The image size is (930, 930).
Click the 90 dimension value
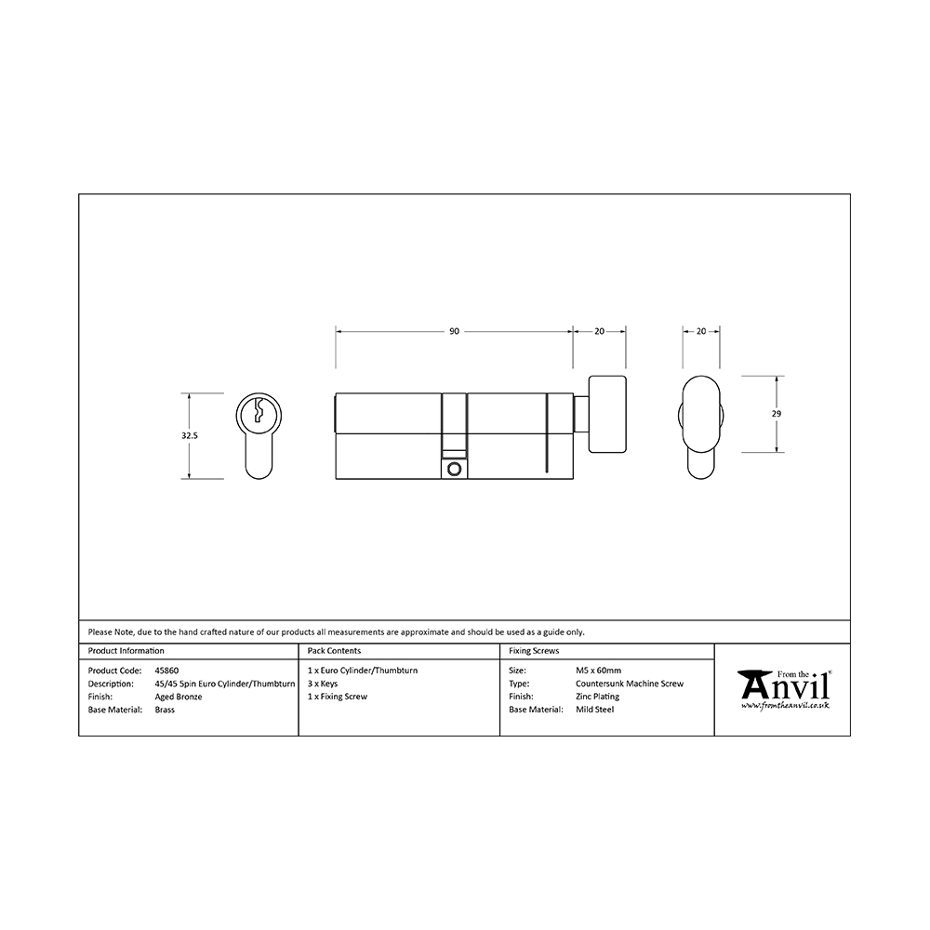[454, 332]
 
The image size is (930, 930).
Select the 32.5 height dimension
[189, 435]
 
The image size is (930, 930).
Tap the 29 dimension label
[777, 414]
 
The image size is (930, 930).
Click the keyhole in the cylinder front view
[259, 410]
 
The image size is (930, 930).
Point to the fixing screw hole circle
[455, 469]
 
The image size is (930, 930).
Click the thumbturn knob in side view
[606, 414]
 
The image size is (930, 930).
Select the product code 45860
[166, 671]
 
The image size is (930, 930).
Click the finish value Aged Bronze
[178, 697]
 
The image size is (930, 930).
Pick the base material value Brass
[165, 710]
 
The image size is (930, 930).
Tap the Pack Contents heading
[334, 651]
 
